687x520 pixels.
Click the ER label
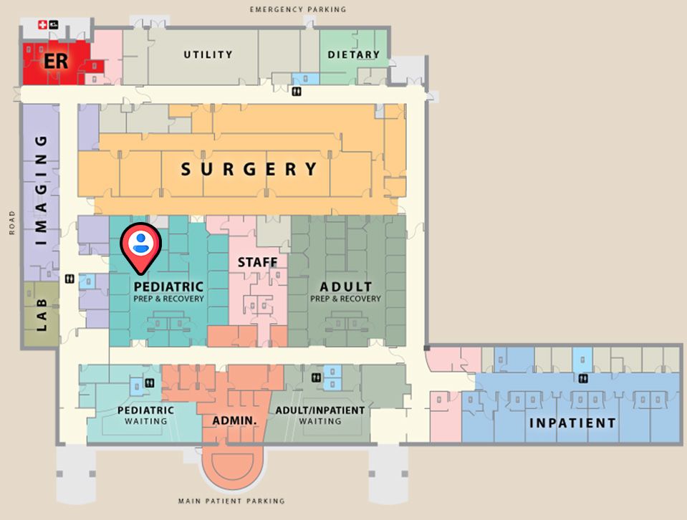coord(56,61)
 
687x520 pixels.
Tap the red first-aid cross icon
coord(42,25)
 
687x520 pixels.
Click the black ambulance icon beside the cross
coord(55,25)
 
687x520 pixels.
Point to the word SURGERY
coord(249,170)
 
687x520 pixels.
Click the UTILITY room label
coord(208,54)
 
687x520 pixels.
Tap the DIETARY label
coord(353,54)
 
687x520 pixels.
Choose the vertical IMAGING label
coord(42,190)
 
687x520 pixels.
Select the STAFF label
coord(257,262)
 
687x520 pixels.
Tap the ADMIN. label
coord(234,420)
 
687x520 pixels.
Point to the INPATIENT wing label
coord(572,423)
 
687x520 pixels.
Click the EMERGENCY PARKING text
coord(298,9)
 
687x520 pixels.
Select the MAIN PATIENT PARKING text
coord(231,501)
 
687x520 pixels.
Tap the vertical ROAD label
coord(12,223)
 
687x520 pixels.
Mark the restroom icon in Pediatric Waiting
coord(149,383)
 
